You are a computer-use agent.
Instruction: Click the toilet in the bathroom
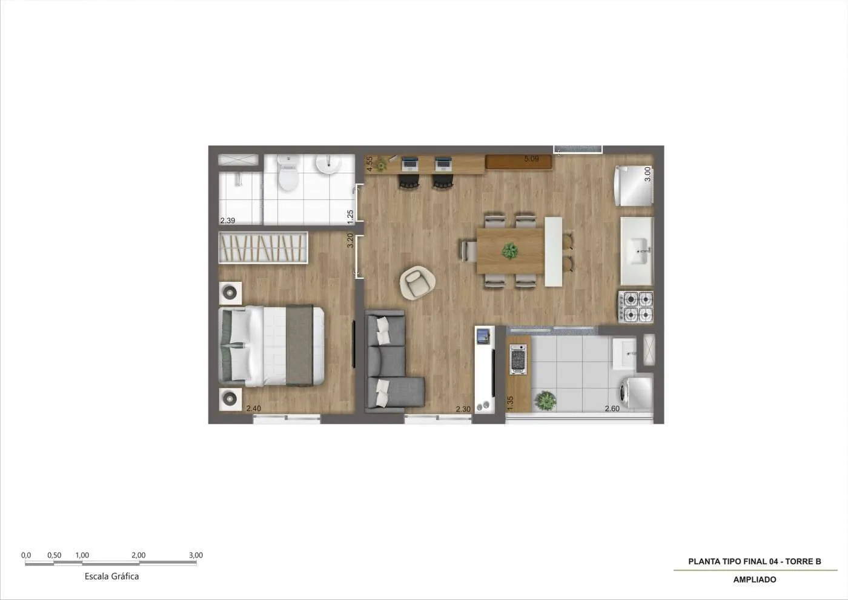point(288,174)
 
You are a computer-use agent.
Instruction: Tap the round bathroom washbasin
point(328,164)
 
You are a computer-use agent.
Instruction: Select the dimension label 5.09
point(532,159)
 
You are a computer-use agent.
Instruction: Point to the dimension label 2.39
point(228,221)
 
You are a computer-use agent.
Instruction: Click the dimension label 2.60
point(612,408)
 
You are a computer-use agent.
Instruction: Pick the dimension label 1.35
point(510,402)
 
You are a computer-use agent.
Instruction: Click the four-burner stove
point(635,307)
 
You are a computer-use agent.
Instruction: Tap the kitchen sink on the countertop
point(637,251)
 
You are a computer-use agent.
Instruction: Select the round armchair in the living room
point(417,283)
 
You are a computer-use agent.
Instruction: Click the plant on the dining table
point(510,251)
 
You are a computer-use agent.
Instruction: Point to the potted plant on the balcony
point(546,401)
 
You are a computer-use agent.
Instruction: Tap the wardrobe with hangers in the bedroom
point(263,248)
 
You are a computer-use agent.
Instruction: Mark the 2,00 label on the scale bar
point(139,555)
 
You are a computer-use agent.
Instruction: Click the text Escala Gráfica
point(111,576)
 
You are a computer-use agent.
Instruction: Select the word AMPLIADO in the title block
point(755,579)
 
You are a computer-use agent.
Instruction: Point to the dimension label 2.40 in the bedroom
point(254,408)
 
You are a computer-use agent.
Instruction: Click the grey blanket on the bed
point(299,345)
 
